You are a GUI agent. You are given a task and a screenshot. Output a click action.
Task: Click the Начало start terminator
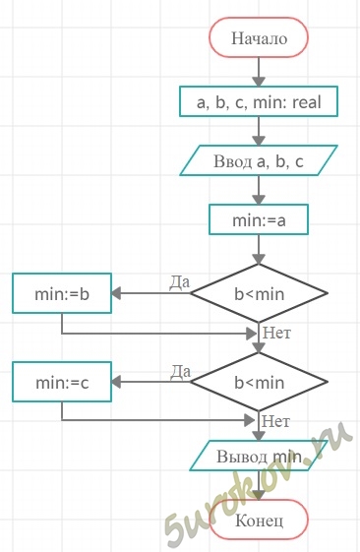pos(259,37)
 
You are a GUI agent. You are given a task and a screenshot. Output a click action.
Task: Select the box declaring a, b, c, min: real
pos(259,101)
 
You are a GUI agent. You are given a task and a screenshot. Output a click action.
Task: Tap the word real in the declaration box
pos(307,102)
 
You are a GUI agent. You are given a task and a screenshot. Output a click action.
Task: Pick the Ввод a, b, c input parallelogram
pos(259,160)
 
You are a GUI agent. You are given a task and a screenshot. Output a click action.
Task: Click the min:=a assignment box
pos(259,219)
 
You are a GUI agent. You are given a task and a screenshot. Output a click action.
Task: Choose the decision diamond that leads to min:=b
pos(259,293)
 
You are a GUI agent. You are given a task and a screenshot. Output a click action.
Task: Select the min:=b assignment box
pos(62,293)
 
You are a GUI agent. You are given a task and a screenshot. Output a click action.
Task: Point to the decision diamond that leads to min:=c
pos(259,382)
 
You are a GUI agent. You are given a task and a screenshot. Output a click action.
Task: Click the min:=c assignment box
pos(62,382)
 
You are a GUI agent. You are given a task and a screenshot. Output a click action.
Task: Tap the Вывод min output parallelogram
pos(259,456)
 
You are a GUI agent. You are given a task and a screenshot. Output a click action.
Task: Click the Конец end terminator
pos(259,520)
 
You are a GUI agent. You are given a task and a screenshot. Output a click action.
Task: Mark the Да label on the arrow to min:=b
pos(180,282)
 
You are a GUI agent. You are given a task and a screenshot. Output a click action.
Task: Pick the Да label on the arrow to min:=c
pos(181,371)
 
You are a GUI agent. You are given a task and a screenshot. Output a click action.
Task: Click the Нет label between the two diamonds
pos(277,333)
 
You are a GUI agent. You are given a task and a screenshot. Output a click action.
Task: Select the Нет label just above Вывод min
pos(276,421)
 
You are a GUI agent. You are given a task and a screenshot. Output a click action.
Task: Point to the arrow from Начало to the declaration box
pos(259,72)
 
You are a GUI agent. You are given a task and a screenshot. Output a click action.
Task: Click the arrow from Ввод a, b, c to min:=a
pos(259,190)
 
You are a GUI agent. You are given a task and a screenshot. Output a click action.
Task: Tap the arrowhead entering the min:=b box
pos(116,293)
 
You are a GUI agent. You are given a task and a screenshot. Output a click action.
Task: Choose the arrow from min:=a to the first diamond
pos(259,250)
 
